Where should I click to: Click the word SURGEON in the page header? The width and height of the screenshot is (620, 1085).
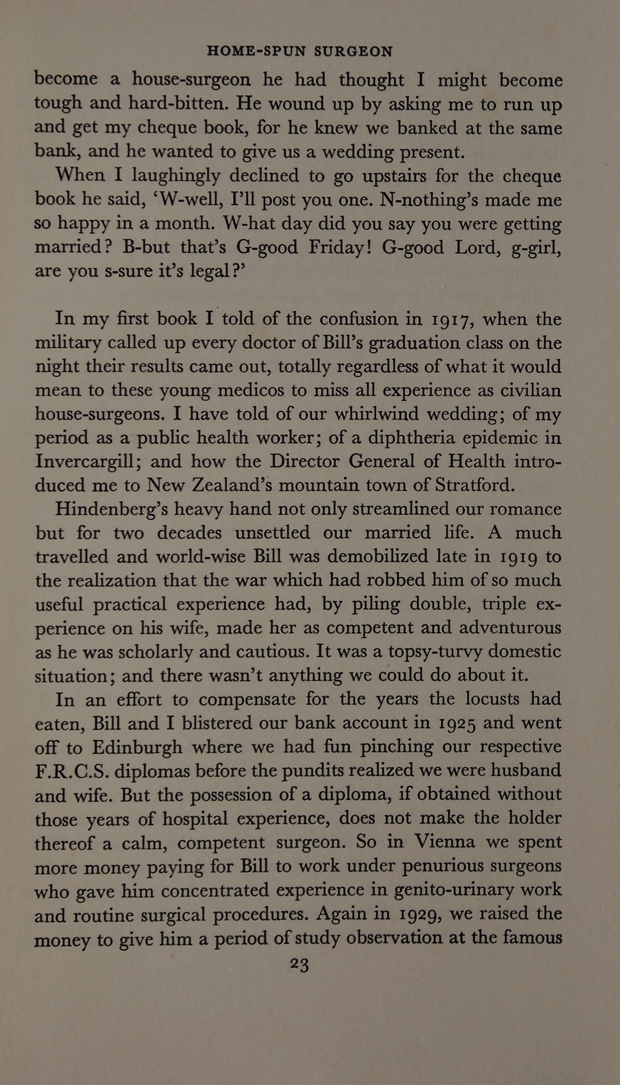(354, 52)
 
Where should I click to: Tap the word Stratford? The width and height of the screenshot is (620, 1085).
(475, 485)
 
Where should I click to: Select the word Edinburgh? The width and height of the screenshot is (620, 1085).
(138, 748)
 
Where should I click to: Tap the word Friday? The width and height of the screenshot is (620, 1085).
(339, 247)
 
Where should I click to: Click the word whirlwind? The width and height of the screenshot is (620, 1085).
(376, 414)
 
